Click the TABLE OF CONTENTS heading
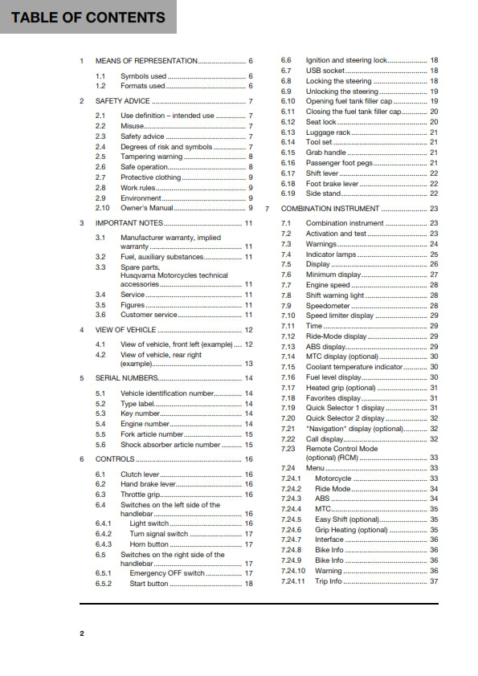pyautogui.click(x=88, y=17)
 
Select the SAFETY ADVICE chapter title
pyautogui.click(x=122, y=101)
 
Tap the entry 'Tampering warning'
pyautogui.click(x=151, y=157)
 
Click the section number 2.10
pyautogui.click(x=101, y=208)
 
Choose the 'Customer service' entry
pyautogui.click(x=149, y=315)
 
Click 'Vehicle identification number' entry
pyautogui.click(x=167, y=393)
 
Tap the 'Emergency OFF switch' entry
pyautogui.click(x=167, y=573)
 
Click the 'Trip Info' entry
pyautogui.click(x=328, y=581)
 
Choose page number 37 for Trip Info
pyautogui.click(x=434, y=581)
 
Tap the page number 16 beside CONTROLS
pyautogui.click(x=249, y=459)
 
